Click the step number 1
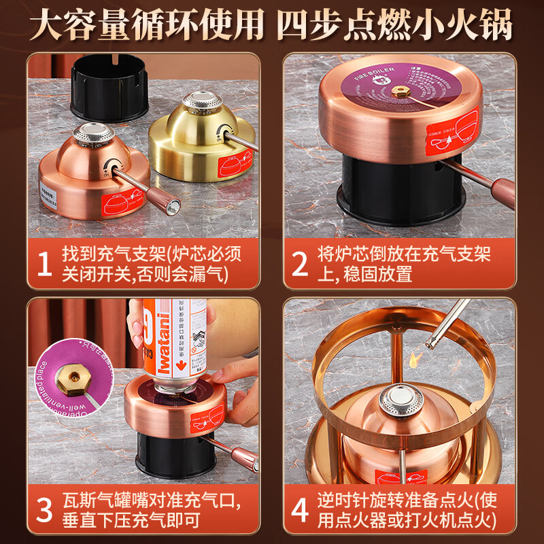click(x=45, y=265)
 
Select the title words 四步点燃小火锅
click(x=395, y=25)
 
